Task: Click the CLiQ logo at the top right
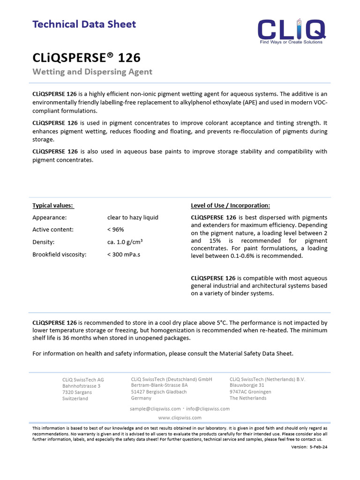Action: pos(292,30)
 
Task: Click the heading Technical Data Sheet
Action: pos(84,24)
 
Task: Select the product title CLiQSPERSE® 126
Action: pos(86,58)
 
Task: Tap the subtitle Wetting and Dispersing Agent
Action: pos(92,72)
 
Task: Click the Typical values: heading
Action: pos(53,205)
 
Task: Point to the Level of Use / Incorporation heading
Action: pos(230,205)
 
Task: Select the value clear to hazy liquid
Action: pos(133,217)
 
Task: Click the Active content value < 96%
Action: pos(116,230)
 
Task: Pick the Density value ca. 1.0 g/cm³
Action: pos(125,242)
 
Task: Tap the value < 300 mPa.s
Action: pos(124,255)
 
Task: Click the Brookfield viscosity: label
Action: pos(60,255)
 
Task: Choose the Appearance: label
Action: pos(49,217)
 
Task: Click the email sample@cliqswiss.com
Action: pos(155,409)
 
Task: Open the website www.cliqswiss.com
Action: pos(180,418)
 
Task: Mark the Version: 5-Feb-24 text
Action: pos(309,447)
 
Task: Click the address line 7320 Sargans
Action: pos(77,392)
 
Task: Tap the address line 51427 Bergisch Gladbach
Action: pos(159,392)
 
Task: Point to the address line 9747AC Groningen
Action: pos(250,392)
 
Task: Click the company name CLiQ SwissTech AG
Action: pos(83,380)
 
